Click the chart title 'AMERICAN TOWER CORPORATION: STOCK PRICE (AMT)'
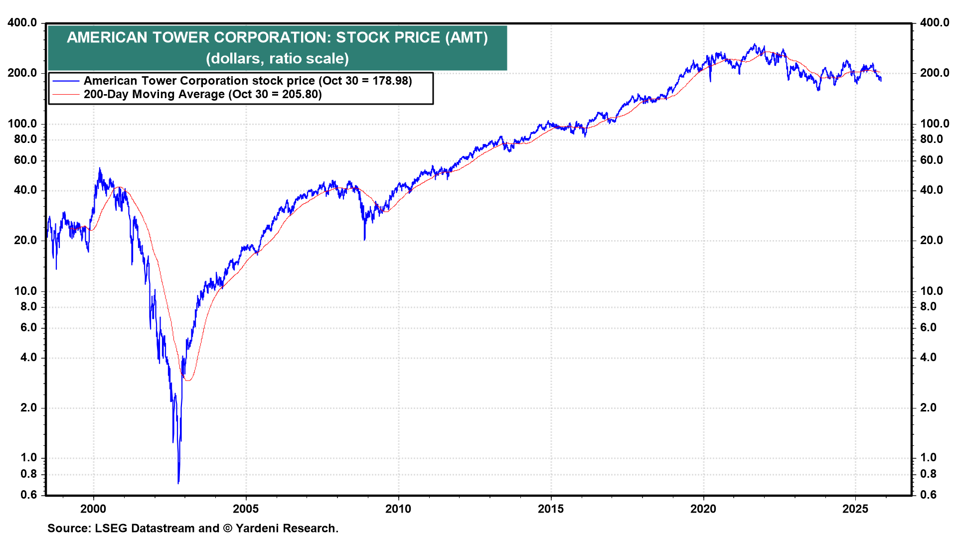tap(277, 37)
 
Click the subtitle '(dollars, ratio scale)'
tap(277, 58)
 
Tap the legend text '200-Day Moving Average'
tap(154, 95)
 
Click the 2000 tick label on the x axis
tap(93, 509)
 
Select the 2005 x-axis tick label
tap(246, 509)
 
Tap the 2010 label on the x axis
tap(398, 509)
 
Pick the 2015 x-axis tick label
tap(551, 509)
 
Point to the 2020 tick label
tap(703, 509)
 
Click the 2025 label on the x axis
tap(855, 509)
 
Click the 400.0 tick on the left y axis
tap(22, 22)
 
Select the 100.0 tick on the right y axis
tap(935, 124)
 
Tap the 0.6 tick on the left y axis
tap(29, 495)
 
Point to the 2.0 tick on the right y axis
tap(928, 407)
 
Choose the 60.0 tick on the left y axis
tap(25, 160)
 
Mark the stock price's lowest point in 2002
tap(178, 483)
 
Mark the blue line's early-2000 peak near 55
tap(100, 168)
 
